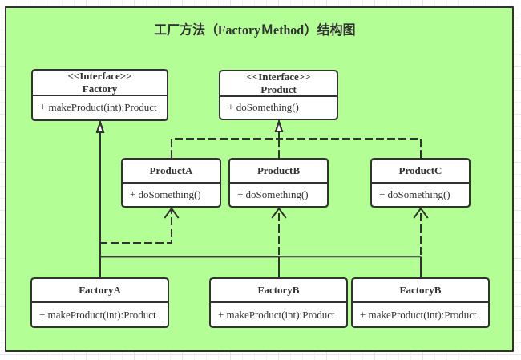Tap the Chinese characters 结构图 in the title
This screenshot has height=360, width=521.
336,30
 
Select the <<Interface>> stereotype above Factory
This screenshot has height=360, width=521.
99,76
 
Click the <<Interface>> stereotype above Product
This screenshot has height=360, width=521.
278,77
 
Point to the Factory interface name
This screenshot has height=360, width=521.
99,89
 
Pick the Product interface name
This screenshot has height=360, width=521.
278,90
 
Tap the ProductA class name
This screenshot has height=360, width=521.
171,171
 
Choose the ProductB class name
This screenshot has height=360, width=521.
278,171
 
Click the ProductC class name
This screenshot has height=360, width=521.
420,171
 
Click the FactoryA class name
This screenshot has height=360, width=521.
99,290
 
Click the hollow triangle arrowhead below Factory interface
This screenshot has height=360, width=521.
100,127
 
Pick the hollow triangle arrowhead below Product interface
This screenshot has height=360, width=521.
279,127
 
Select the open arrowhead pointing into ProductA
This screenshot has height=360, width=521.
172,212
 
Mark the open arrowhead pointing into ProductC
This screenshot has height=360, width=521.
421,212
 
